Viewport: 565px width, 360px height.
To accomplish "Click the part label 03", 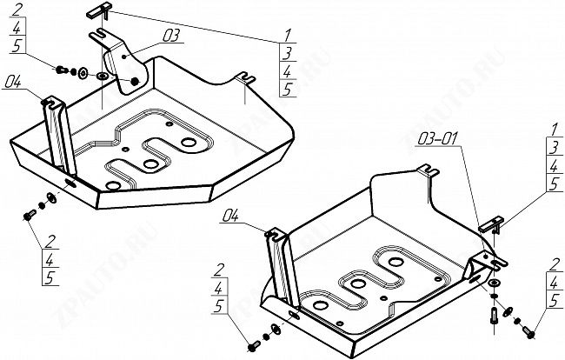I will [x=171, y=36].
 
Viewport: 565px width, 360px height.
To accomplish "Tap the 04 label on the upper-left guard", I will [x=12, y=83].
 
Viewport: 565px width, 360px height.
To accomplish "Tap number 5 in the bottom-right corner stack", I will [x=554, y=300].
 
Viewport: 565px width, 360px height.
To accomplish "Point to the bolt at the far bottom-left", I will [x=29, y=211].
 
